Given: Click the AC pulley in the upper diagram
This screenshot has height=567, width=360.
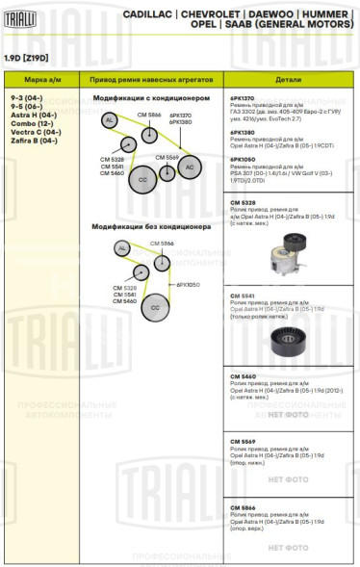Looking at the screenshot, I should [190, 167].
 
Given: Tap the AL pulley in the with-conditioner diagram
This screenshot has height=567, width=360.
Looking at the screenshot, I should [110, 119].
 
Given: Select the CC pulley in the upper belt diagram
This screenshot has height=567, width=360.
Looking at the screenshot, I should [142, 179].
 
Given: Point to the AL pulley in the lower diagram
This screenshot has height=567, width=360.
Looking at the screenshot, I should [121, 248].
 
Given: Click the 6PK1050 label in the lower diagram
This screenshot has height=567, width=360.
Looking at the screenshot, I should [188, 285].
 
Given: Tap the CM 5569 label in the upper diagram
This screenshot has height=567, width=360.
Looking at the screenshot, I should [166, 156].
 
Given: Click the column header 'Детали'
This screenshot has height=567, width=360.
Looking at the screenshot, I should [288, 82].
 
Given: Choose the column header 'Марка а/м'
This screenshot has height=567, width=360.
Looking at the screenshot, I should [40, 82].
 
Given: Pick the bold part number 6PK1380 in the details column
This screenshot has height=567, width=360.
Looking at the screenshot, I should [244, 132].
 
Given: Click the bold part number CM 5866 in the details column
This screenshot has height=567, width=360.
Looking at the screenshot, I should [244, 506].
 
